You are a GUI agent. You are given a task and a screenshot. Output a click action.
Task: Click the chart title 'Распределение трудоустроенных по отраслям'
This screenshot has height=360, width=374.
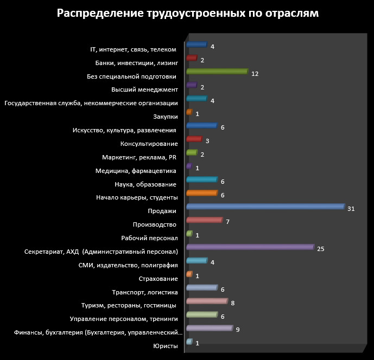point(187,14)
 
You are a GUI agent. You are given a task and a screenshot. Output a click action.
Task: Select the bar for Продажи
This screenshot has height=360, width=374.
point(265,207)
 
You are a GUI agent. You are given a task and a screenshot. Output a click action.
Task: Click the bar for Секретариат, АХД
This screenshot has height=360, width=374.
point(250,247)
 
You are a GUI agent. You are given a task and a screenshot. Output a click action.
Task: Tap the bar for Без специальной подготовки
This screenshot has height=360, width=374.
point(217,72)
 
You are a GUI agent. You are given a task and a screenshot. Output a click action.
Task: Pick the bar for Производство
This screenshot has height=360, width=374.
point(204,220)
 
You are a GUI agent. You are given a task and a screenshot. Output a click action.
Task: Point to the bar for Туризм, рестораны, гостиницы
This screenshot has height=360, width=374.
point(206,301)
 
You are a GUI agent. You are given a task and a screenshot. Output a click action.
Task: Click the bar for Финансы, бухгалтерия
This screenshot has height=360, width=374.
point(209,328)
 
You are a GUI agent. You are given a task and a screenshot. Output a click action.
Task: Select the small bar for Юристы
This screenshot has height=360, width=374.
point(189,342)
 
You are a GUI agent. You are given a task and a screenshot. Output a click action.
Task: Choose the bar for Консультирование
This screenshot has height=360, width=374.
point(194,139)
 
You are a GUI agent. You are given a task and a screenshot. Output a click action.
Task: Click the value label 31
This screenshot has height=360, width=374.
point(351,209)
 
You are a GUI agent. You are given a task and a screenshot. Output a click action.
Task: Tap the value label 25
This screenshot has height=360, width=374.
point(320,249)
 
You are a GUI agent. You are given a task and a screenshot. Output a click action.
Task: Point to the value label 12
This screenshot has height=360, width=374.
point(255,74)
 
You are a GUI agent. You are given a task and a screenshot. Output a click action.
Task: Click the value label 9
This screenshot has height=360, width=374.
point(238,330)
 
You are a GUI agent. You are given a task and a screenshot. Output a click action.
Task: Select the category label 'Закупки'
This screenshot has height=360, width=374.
point(166,117)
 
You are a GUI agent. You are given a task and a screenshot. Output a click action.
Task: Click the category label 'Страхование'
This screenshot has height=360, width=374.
point(159,279)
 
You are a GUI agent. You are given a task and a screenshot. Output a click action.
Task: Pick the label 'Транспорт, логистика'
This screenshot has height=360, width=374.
point(145,292)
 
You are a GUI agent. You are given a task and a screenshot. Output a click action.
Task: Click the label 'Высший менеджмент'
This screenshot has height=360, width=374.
point(144,89)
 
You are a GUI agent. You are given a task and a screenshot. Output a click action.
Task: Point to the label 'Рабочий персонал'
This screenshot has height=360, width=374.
point(150,238)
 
